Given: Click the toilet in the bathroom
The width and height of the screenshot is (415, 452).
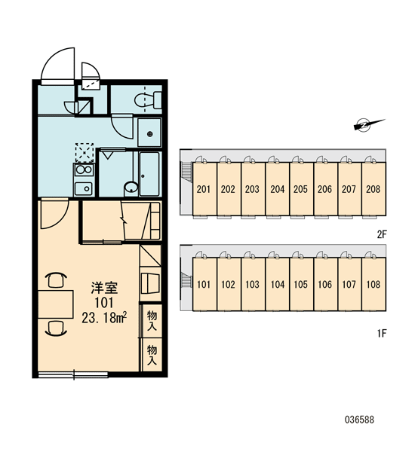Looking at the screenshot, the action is coord(148,100).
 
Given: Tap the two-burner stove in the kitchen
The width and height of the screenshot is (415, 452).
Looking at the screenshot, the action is coord(84,170).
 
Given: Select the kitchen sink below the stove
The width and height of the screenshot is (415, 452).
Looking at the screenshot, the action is coord(84,189).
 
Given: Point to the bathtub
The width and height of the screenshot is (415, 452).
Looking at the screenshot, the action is coord(149,174).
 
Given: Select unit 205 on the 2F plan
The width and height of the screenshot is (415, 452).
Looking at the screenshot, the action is coord(301,189).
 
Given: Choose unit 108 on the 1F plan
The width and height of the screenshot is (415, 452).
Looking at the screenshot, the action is coord(373,284).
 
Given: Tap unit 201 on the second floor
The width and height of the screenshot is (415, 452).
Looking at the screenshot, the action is coord(204,189).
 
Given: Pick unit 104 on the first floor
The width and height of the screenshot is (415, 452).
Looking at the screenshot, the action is coord(277,284).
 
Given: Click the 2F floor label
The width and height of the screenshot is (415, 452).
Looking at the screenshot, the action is coord(382,234).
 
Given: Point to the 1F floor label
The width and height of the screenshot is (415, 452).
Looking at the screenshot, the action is coord(382,334).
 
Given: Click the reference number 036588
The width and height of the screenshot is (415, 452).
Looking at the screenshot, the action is coord(359,420).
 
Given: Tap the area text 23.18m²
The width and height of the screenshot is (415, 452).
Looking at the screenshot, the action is coord(104,318).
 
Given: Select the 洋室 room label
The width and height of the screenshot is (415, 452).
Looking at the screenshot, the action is coord(105,288).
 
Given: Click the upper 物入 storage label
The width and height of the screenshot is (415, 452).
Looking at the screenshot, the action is coord(152,320).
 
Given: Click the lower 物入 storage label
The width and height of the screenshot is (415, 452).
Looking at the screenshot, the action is coord(152,355).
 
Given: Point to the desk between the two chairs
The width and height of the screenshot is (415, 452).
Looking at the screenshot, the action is coord(55,304).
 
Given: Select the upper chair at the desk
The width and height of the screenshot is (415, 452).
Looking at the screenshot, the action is coord(56,279).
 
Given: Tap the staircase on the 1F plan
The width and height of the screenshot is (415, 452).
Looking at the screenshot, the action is coord(186,281).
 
